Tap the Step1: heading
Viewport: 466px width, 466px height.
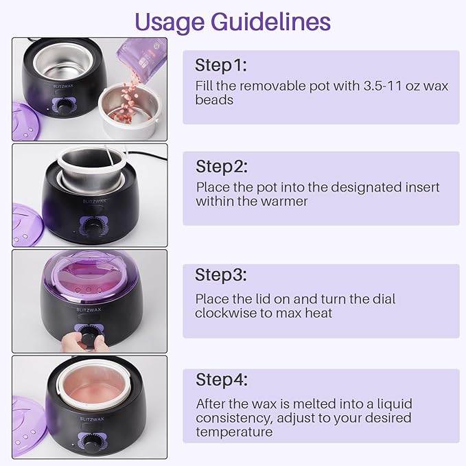[220, 65]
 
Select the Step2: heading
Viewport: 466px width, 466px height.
[222, 166]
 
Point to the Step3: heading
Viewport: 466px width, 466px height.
[221, 275]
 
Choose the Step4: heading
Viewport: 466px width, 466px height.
[222, 380]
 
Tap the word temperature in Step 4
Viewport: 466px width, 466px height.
[234, 432]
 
